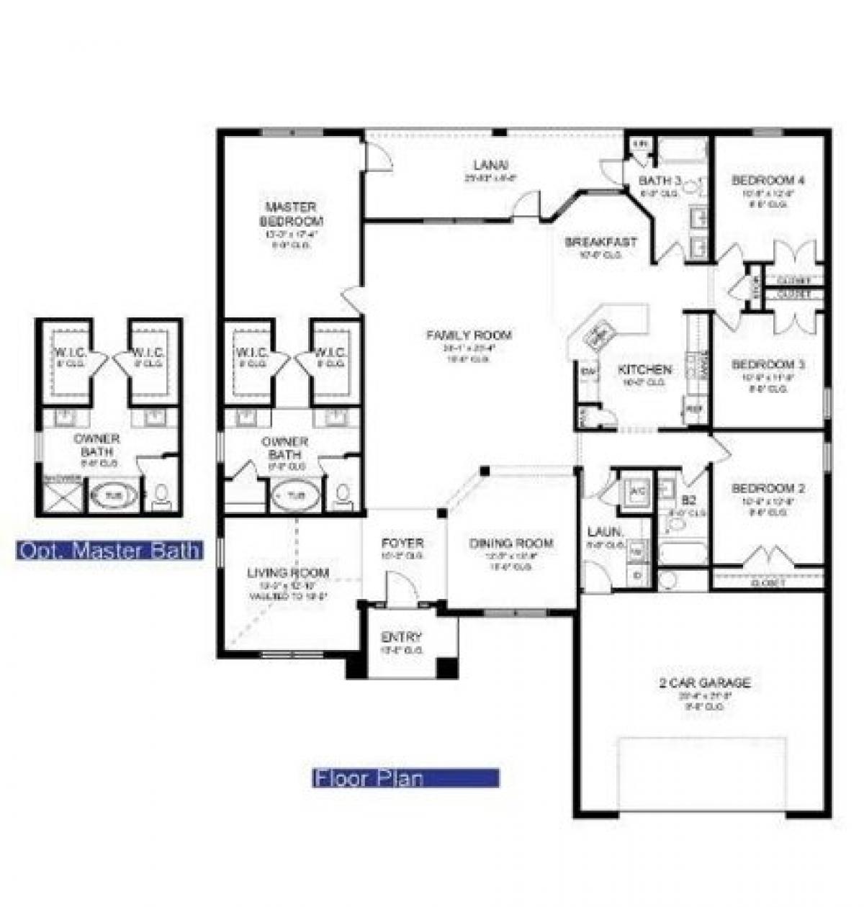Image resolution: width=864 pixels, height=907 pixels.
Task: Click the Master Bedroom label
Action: [x=291, y=214]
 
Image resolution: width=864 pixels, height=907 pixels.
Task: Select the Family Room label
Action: [x=469, y=335]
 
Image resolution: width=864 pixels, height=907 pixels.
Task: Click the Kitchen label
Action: [x=645, y=370]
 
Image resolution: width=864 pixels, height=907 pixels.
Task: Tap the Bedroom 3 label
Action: [x=768, y=365]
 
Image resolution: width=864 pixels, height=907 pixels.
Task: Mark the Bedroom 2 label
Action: [x=768, y=489]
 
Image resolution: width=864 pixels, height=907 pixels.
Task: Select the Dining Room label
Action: [x=511, y=543]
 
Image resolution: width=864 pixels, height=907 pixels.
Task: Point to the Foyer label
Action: [x=402, y=543]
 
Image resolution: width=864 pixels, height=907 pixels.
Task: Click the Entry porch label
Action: [x=401, y=637]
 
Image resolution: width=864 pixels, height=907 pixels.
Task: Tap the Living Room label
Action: [x=288, y=573]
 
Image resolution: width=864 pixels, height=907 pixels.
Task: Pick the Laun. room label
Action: [x=605, y=531]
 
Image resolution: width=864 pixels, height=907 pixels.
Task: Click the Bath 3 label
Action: [x=660, y=180]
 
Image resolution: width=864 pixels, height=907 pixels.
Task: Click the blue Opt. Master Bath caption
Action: [x=109, y=551]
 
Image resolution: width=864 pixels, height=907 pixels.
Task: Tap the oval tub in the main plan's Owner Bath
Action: [x=296, y=495]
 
